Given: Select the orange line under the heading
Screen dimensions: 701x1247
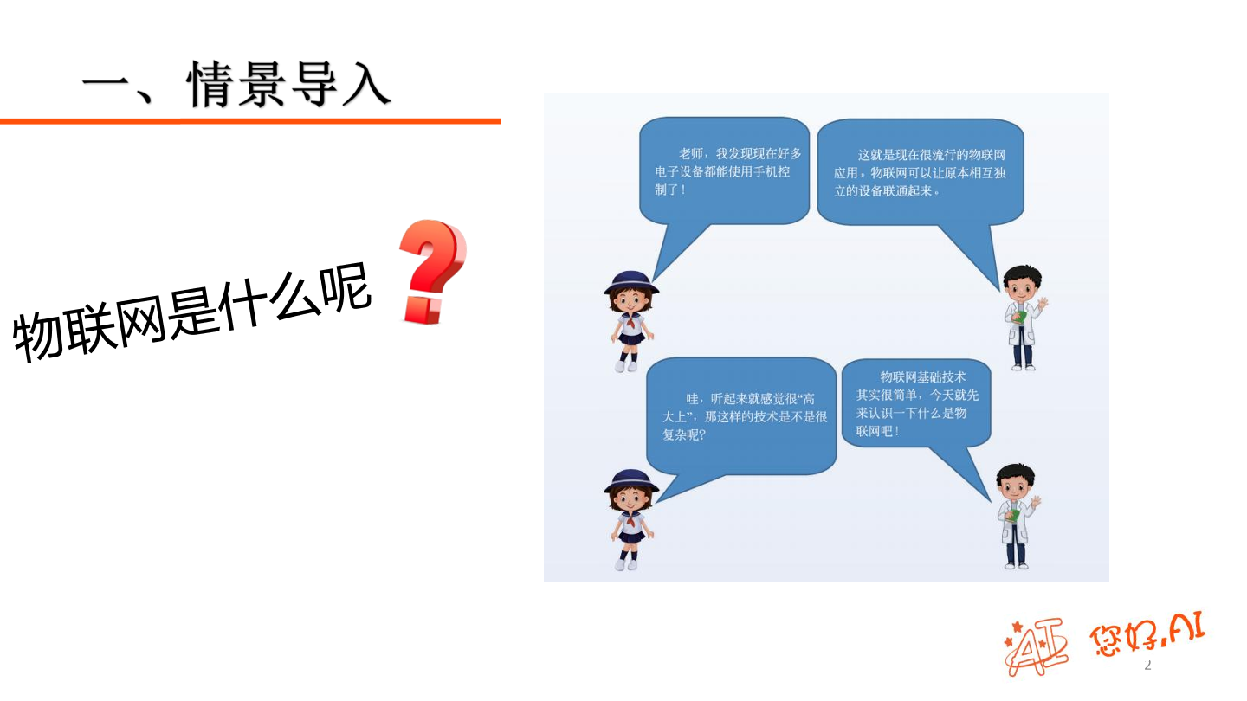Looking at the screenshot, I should click(x=250, y=121).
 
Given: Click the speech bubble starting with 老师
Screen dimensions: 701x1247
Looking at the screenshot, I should click(x=724, y=170).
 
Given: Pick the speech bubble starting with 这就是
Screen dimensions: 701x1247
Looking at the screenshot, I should click(x=920, y=172).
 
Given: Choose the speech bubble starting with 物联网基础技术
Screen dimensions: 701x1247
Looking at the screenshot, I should click(x=916, y=402).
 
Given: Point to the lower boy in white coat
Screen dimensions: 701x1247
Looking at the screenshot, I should click(x=1016, y=516).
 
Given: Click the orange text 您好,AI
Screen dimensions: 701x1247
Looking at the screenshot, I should click(x=1147, y=635).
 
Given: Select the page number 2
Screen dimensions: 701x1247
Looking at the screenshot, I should click(x=1148, y=665).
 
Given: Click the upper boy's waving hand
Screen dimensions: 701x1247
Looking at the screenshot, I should click(x=1043, y=305).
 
